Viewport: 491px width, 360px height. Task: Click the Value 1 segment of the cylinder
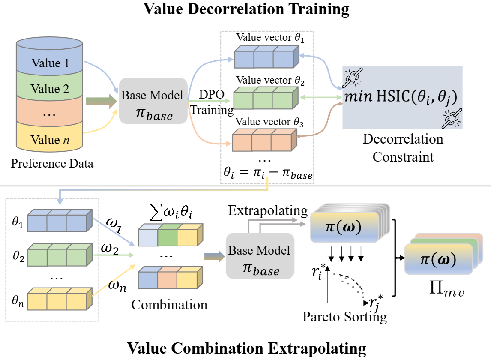(x=49, y=63)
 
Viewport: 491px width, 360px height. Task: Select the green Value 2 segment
(x=49, y=89)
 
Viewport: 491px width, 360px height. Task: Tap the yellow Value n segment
(x=49, y=139)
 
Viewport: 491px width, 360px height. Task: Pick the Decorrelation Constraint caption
(x=403, y=148)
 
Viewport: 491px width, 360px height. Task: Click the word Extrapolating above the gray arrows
(x=268, y=210)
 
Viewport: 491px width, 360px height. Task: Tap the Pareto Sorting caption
(x=344, y=317)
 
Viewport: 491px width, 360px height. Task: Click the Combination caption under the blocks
(x=169, y=305)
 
